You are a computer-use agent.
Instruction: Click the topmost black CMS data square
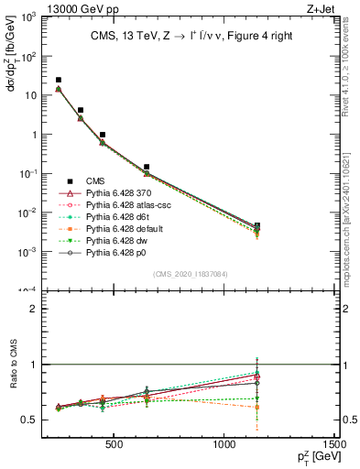click(59, 81)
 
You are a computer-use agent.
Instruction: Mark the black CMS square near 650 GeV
click(147, 168)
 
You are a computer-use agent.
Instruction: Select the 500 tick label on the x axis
click(115, 446)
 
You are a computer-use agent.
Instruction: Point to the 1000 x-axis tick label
click(224, 446)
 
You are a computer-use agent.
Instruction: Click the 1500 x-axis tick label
click(334, 446)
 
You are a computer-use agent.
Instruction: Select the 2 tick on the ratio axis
click(36, 309)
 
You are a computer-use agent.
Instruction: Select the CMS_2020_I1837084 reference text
click(191, 273)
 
